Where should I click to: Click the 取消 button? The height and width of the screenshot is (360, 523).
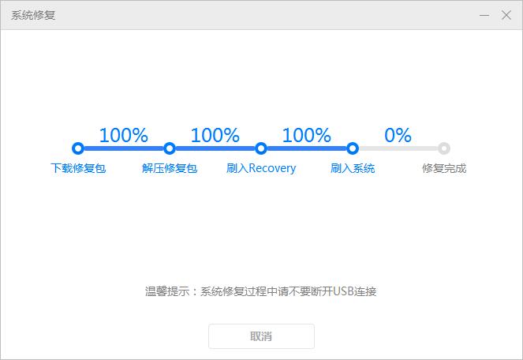coord(261,336)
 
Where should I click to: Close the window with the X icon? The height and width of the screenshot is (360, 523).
coord(506,15)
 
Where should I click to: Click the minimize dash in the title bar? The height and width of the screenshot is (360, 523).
coord(484,15)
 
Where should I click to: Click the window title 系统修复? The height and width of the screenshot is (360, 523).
coord(33,15)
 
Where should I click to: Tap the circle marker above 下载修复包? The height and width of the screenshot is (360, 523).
coord(77,148)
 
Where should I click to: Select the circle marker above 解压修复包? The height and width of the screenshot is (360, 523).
coord(170,148)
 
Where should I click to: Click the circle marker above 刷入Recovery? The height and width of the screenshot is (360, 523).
coord(261,148)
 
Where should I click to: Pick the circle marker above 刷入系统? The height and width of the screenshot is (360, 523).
coord(353,148)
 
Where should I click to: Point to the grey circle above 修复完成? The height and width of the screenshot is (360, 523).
coord(444,148)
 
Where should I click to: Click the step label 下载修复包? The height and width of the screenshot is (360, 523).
coord(78,168)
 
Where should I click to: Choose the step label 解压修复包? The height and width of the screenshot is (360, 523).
coord(170,168)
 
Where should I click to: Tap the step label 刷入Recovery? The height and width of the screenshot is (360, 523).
coord(261,168)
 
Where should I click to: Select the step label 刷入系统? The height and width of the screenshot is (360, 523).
coord(353,168)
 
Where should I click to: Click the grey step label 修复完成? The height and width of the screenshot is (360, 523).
coord(444,168)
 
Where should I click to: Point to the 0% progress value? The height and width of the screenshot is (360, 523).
coord(398,135)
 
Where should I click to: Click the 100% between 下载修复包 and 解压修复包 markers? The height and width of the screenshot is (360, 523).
coord(123,135)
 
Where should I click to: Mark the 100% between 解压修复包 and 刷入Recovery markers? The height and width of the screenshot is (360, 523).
coord(215,135)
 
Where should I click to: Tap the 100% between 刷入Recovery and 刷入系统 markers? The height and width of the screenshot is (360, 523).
coord(306,135)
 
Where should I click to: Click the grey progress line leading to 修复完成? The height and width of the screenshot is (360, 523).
coord(398,148)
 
